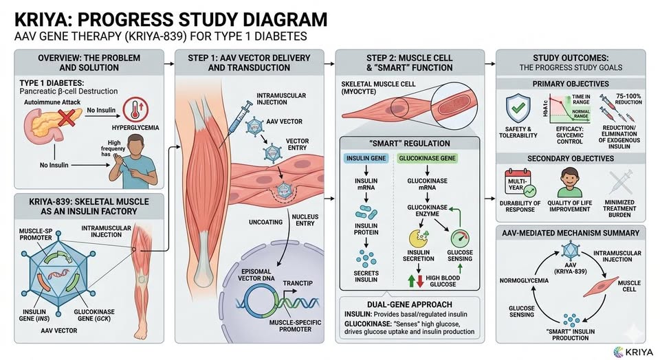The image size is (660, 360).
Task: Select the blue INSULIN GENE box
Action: [x=362, y=158]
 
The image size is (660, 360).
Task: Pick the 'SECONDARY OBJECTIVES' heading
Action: [x=571, y=157]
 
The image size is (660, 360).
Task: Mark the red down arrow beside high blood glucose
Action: [x=419, y=281]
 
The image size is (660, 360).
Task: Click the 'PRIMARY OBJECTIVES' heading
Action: [x=571, y=84]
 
